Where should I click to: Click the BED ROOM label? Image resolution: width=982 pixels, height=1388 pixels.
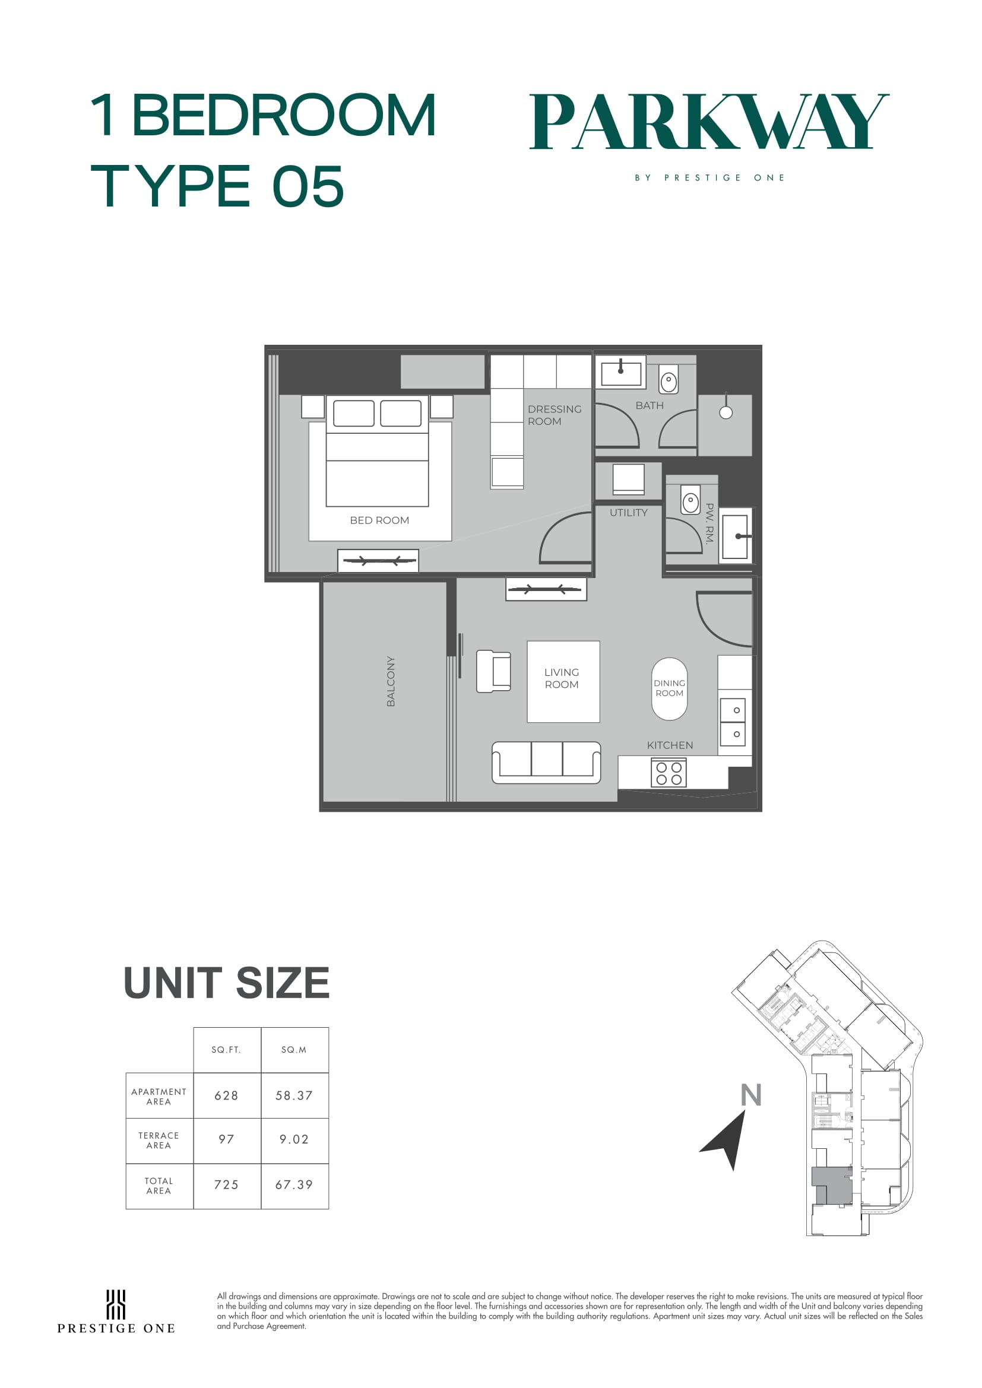[379, 520]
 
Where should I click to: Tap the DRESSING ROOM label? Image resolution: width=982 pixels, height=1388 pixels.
[555, 415]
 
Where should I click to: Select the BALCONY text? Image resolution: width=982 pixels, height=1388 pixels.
[391, 681]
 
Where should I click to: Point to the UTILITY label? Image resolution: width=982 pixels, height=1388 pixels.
[628, 513]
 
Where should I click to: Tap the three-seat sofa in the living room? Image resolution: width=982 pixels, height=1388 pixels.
[546, 763]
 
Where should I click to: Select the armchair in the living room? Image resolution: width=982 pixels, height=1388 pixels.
[493, 671]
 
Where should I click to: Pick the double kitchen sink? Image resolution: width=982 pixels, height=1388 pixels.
[733, 722]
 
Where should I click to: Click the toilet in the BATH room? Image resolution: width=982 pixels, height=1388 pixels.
[668, 380]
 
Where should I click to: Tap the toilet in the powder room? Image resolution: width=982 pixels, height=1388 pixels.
[690, 500]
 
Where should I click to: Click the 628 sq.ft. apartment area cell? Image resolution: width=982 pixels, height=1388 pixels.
[227, 1095]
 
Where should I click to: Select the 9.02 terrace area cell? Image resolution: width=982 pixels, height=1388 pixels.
[294, 1139]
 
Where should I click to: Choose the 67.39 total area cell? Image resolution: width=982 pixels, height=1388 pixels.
[294, 1185]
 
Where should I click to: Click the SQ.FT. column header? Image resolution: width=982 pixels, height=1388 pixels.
[226, 1050]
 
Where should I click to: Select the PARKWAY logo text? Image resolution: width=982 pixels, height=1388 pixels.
[709, 122]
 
